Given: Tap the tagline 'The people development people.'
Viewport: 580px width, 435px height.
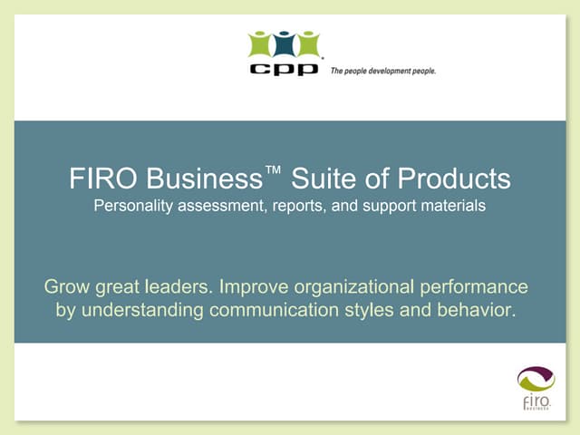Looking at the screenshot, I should (x=382, y=71).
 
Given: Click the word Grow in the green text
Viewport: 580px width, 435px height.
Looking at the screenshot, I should (x=69, y=288).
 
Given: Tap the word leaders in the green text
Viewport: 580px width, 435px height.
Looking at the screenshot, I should (x=179, y=288).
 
